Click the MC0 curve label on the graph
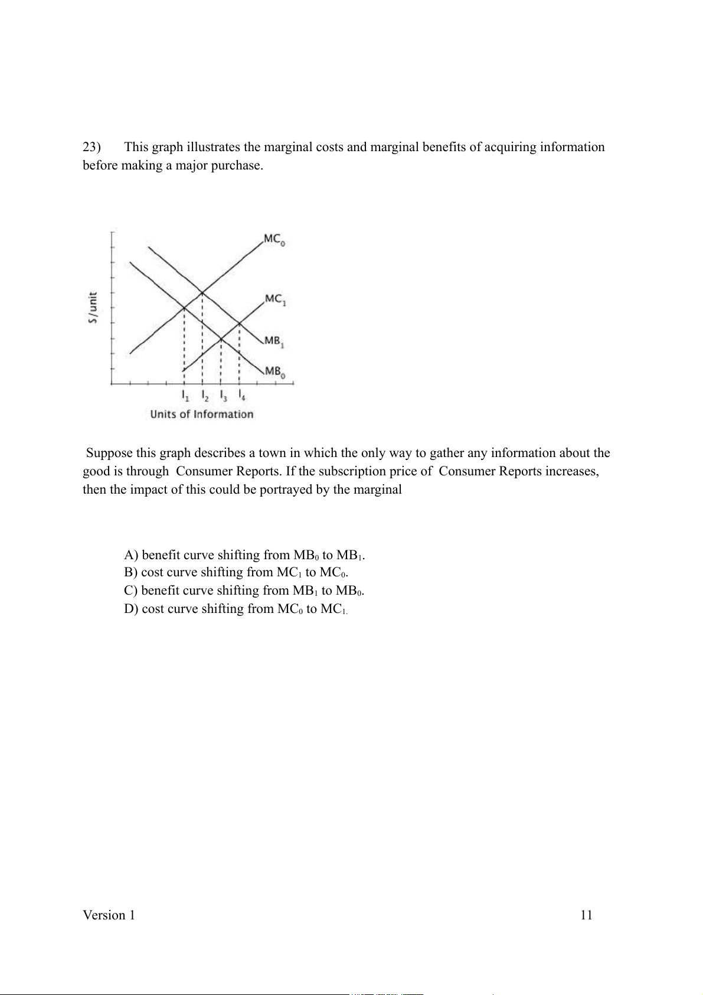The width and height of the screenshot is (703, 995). point(274,240)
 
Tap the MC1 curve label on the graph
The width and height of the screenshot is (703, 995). point(275,299)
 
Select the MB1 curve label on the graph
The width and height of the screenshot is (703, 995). point(274,341)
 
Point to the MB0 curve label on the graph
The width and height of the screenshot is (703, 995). point(275,372)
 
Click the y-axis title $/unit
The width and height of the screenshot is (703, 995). point(93,308)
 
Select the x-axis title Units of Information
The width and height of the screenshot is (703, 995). point(201,414)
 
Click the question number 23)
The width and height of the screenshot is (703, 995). point(91,147)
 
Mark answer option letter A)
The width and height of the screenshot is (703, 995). point(131,555)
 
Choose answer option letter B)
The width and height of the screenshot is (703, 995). point(130,572)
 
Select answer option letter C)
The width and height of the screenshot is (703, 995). point(130,591)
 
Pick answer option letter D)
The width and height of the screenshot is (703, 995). point(131,609)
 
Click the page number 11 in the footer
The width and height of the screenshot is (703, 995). point(586,915)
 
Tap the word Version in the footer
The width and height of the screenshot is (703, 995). point(104,915)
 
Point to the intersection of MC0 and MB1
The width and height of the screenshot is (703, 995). point(202,292)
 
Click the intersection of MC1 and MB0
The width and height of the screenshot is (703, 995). point(221,339)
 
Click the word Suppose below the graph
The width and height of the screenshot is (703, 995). point(109,454)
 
